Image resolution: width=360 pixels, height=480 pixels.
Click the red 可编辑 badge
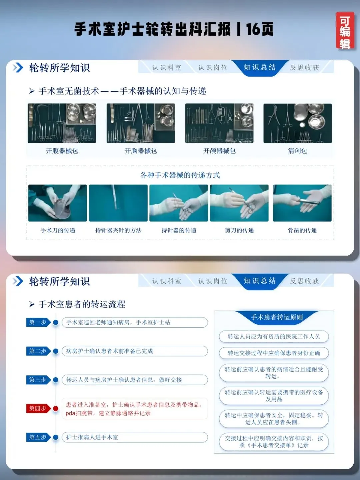(x=345, y=31)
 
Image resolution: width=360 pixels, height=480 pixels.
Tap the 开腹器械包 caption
(x=62, y=151)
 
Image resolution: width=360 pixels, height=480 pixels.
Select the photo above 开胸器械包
(x=141, y=123)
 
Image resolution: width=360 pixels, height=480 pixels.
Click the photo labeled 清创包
(x=297, y=123)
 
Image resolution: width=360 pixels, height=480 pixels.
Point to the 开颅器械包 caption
(x=219, y=151)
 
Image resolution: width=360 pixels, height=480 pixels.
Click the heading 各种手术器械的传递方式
(x=180, y=175)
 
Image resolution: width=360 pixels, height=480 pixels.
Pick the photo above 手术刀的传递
(x=57, y=203)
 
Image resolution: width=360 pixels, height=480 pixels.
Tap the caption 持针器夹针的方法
(x=118, y=230)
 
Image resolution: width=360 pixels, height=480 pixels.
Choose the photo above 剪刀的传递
(x=239, y=203)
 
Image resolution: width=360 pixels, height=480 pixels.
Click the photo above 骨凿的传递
(x=302, y=203)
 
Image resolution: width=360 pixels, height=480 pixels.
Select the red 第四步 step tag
(x=38, y=408)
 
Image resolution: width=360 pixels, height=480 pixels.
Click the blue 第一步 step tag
(x=38, y=322)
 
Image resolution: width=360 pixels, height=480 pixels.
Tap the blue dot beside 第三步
(x=56, y=380)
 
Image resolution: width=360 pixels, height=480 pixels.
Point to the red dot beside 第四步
(x=56, y=408)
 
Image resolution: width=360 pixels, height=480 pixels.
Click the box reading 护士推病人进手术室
(x=135, y=437)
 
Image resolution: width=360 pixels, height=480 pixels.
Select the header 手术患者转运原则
(x=277, y=317)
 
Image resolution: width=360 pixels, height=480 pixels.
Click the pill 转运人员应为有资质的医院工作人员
(x=274, y=336)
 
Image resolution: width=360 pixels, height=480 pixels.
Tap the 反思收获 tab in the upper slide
(x=304, y=68)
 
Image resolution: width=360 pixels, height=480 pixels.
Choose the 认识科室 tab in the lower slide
(x=167, y=281)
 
